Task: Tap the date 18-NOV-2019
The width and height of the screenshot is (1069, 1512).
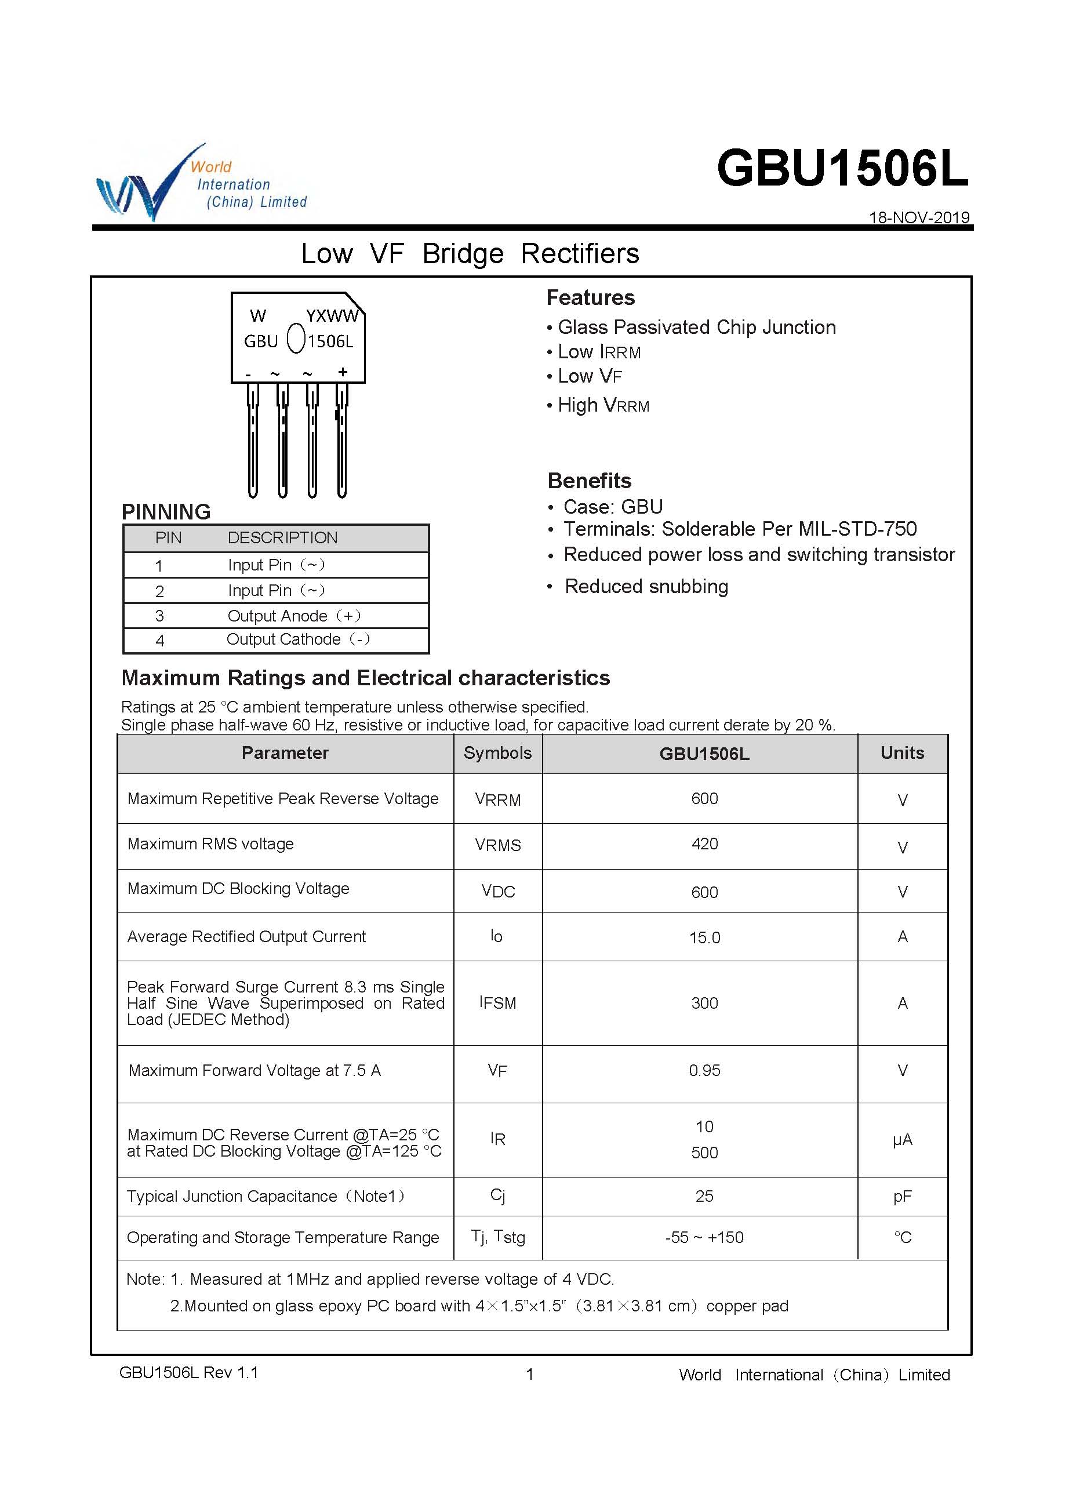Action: pos(919,217)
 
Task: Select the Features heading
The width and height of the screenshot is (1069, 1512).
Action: pos(590,297)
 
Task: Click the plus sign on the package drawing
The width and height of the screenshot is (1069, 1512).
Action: pos(343,372)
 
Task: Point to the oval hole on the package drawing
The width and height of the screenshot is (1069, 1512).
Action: pos(296,339)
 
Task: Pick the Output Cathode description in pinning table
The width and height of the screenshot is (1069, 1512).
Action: pos(298,639)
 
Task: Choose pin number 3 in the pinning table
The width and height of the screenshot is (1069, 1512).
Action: pos(159,616)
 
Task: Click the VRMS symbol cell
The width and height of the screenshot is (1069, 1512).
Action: pos(497,845)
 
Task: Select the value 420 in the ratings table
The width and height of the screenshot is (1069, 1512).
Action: pos(704,844)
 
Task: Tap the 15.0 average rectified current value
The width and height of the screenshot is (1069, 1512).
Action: pos(704,938)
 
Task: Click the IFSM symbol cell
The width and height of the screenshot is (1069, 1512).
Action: pos(497,1003)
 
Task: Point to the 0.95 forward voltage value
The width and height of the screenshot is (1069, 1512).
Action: pos(704,1071)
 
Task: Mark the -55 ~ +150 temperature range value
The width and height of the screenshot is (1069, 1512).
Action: pos(704,1237)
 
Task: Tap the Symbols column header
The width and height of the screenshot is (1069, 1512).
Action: pos(497,753)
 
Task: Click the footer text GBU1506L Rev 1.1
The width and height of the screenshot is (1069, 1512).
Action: pos(188,1372)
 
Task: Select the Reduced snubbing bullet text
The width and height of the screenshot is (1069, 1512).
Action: pos(646,587)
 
